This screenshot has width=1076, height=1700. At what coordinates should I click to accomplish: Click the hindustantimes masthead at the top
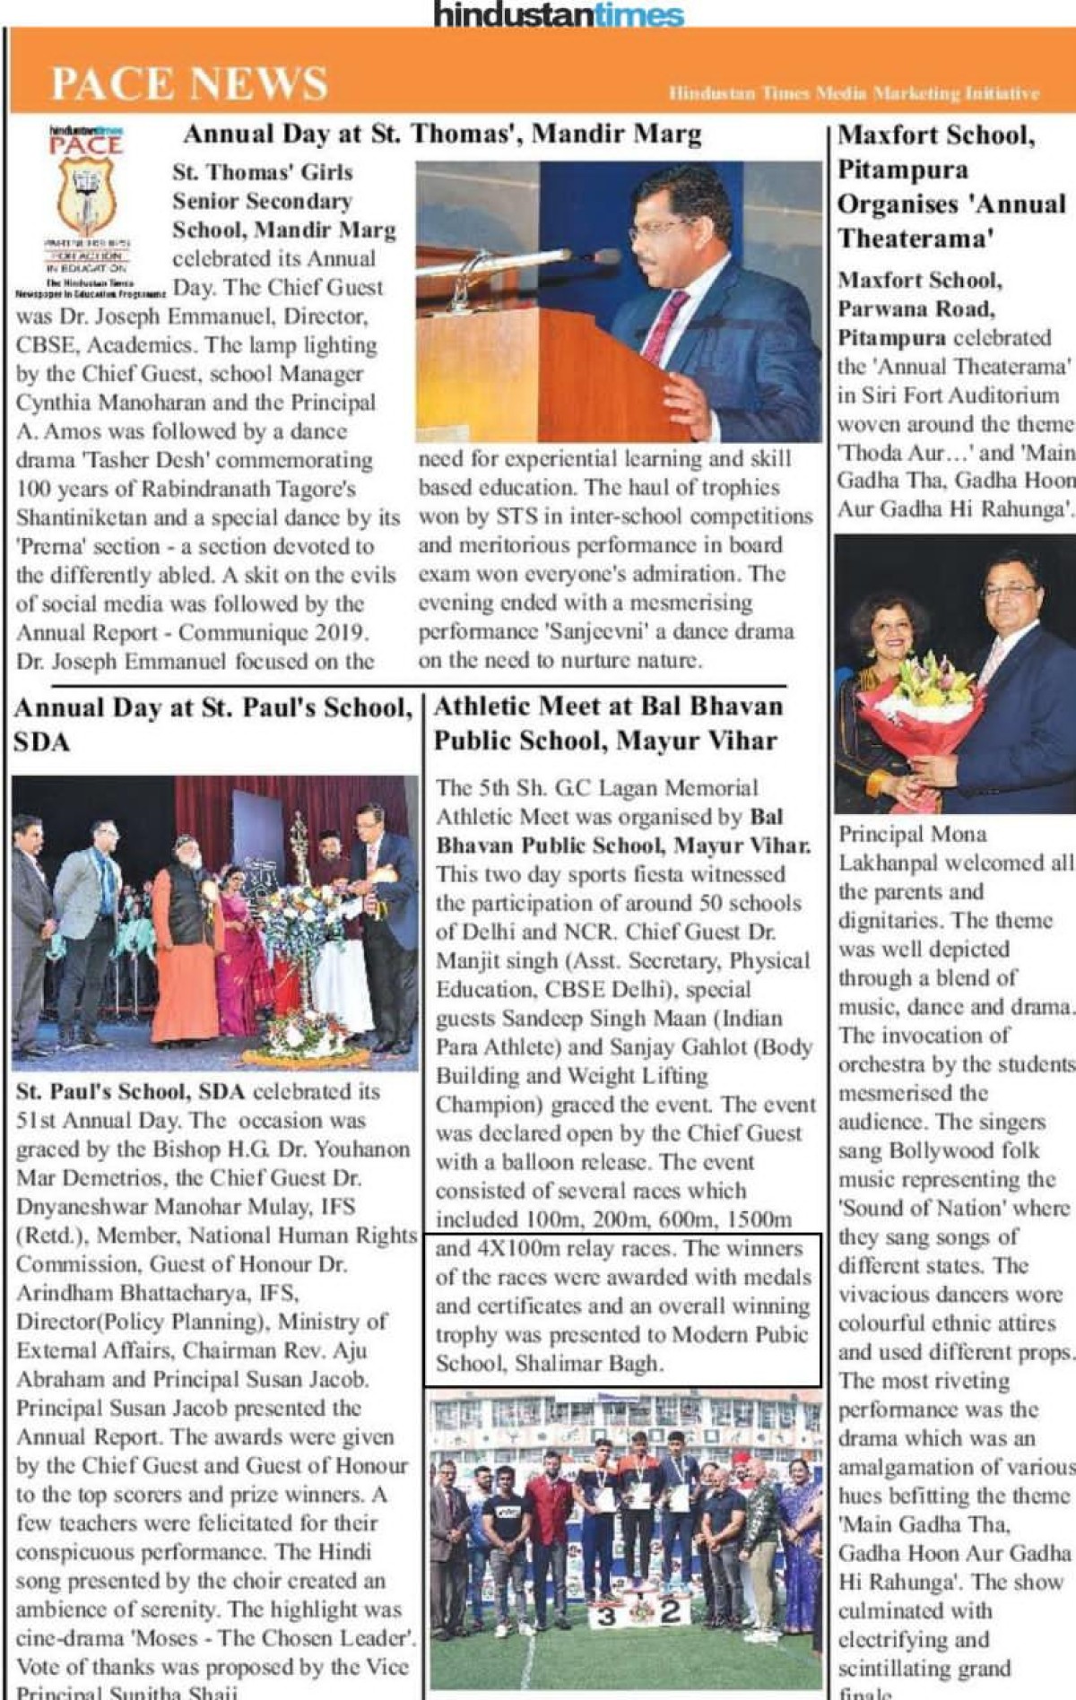pos(558,14)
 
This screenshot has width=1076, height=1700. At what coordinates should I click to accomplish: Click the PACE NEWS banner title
pos(189,83)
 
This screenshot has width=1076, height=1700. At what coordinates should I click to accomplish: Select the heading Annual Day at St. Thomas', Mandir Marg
pos(442,134)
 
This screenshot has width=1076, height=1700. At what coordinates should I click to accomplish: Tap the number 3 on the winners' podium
pos(606,1617)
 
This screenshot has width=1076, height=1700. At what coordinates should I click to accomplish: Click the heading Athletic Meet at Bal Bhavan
pos(608,707)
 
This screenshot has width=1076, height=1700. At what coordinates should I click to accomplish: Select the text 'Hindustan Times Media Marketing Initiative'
pos(854,93)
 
